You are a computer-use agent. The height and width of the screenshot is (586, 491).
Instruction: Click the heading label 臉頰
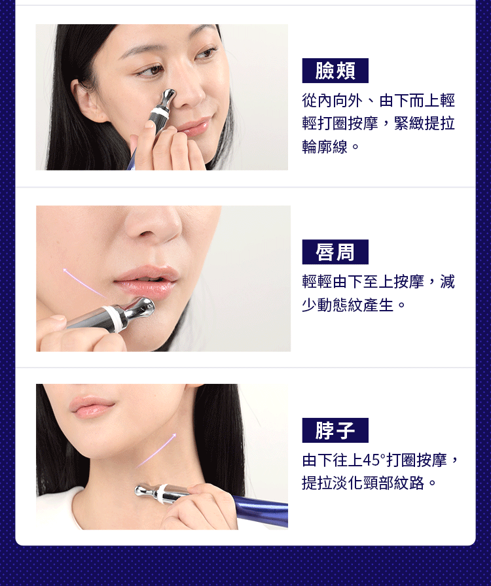click(x=335, y=71)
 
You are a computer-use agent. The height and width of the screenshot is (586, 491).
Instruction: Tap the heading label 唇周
click(x=335, y=252)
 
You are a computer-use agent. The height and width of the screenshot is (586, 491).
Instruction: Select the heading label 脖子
click(x=335, y=430)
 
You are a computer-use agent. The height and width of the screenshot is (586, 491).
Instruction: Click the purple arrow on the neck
click(x=156, y=451)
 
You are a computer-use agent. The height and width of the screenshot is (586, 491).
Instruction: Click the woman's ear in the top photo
click(x=84, y=101)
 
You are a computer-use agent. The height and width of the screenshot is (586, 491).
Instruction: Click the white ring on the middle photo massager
click(x=114, y=319)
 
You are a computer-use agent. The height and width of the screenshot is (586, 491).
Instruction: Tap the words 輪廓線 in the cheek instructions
click(x=325, y=146)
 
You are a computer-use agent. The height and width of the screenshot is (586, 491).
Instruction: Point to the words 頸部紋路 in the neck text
click(x=393, y=483)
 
